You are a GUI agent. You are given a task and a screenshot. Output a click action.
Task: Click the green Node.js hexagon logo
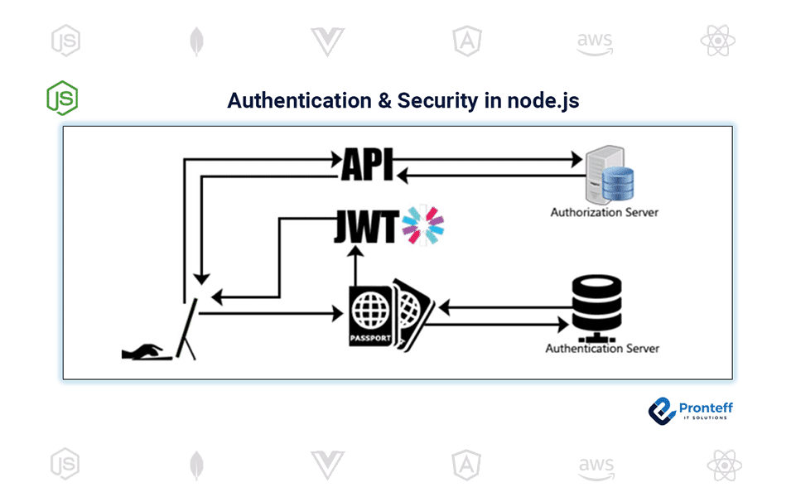tap(62, 97)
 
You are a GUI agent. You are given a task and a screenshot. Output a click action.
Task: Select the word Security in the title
tap(437, 101)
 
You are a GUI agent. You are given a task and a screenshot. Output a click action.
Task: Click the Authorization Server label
tap(605, 212)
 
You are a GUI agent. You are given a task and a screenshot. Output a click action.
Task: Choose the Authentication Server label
tap(602, 349)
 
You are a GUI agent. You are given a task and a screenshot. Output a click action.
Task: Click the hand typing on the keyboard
tap(147, 352)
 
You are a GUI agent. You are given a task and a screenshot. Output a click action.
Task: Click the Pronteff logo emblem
tap(663, 410)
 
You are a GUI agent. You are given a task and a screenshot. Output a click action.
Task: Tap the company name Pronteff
tap(706, 407)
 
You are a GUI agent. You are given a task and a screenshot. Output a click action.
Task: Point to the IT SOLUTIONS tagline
tap(706, 417)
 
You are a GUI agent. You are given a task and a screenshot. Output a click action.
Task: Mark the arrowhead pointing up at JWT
tap(355, 255)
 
